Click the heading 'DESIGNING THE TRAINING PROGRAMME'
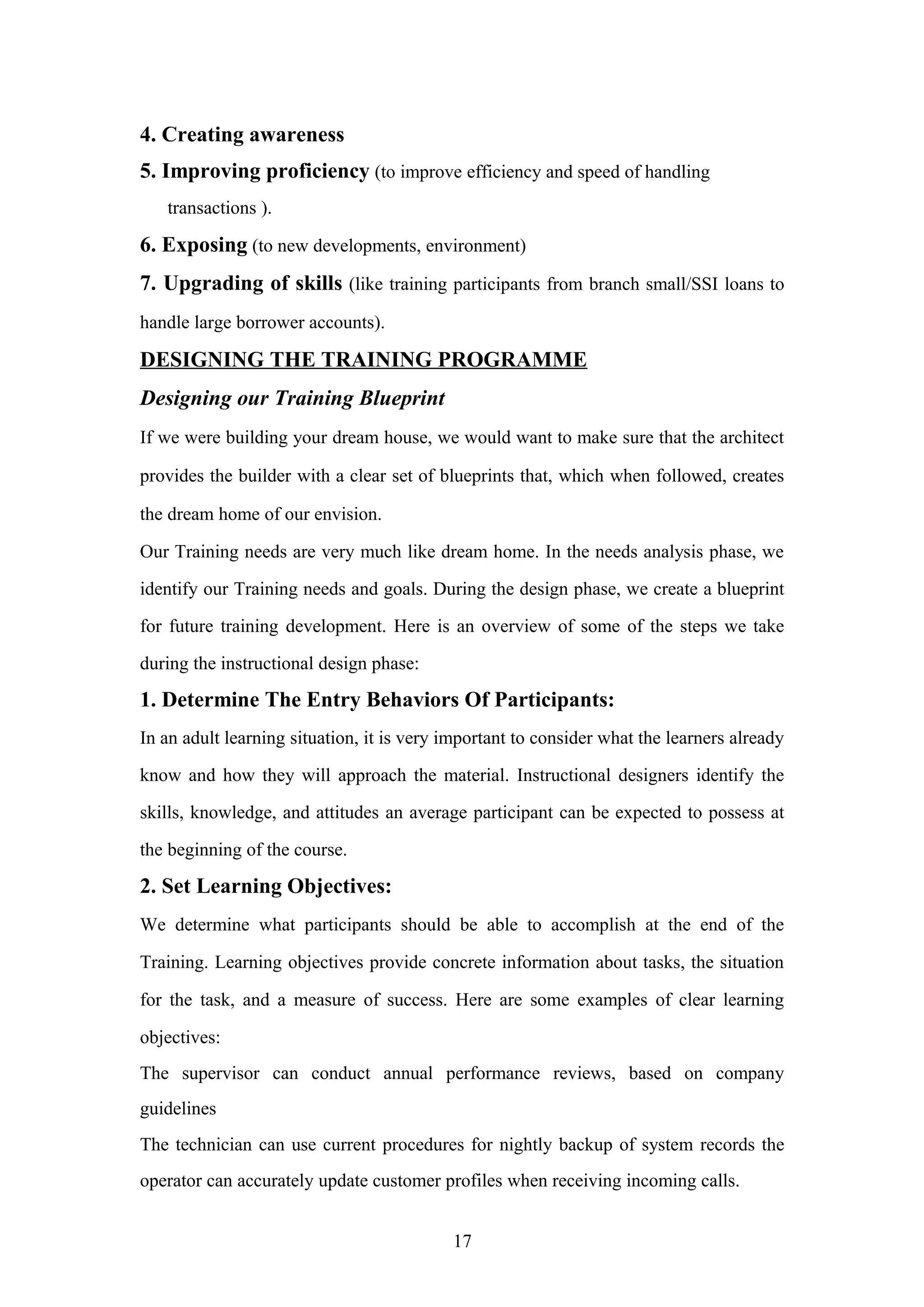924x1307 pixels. (363, 360)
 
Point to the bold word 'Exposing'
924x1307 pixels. (204, 245)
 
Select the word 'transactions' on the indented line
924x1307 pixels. (211, 208)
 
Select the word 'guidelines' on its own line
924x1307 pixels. (178, 1108)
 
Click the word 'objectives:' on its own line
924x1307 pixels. (180, 1037)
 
